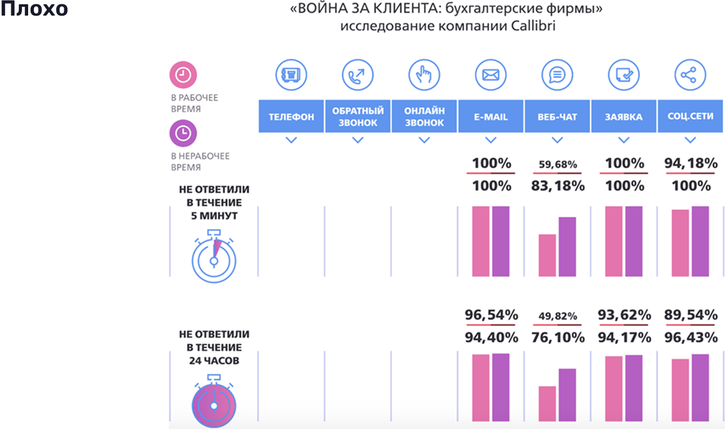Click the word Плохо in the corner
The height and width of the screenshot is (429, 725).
34,10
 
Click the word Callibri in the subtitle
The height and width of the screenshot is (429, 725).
533,27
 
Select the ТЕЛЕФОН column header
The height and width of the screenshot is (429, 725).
291,117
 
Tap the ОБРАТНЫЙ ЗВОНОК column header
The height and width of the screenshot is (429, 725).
357,117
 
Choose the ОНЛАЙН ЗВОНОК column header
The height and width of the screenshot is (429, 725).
424,117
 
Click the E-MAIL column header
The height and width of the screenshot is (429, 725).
491,117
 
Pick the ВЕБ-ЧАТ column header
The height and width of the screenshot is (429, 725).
557,117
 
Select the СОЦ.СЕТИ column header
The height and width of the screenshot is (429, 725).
690,117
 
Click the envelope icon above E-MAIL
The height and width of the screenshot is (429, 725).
491,76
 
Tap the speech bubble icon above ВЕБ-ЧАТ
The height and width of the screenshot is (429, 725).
557,76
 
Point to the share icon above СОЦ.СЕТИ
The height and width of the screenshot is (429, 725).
690,76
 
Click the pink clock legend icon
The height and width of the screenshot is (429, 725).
184,76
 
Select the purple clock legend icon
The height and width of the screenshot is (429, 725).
184,133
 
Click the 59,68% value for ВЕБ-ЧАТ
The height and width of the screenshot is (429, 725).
557,165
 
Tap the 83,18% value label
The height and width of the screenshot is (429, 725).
557,185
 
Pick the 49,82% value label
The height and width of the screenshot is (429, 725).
557,316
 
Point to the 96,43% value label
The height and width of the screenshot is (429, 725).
690,337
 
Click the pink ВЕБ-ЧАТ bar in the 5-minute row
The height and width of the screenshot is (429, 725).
547,255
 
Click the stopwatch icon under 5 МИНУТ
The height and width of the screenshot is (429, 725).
213,257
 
